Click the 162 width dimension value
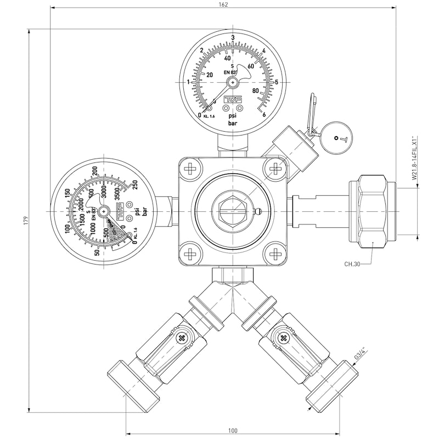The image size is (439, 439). click(223, 4)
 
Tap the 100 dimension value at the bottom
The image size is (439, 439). click(233, 430)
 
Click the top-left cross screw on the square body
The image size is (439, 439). click(190, 168)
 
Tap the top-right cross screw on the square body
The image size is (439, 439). click(275, 168)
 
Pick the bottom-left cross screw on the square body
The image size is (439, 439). click(190, 254)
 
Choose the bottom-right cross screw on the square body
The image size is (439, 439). click(275, 254)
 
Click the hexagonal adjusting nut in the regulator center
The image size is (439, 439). click(233, 211)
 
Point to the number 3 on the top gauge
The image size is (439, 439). click(233, 37)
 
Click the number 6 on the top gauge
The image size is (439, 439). click(264, 114)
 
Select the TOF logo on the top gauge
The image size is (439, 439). click(233, 99)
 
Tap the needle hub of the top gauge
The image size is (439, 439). click(233, 81)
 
